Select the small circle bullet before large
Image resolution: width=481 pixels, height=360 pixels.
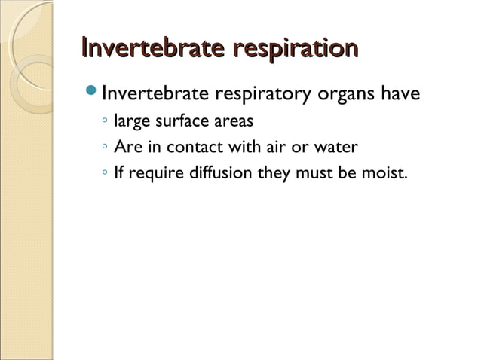104,121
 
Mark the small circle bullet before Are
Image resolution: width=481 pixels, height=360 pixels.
104,148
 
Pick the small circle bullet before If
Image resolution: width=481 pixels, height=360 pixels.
104,174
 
